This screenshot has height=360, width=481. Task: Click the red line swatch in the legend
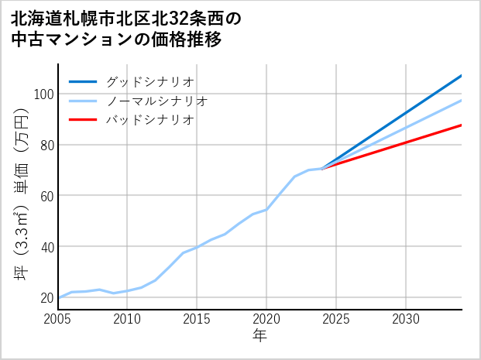pos(83,120)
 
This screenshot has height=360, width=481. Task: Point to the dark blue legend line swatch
pos(83,81)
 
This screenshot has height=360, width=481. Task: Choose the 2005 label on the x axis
pos(58,319)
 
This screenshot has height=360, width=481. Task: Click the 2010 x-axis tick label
pos(128,319)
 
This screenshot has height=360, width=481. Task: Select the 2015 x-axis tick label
pos(197,319)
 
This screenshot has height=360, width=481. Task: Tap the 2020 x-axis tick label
pos(266,319)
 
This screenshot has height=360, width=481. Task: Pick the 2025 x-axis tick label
pos(336,319)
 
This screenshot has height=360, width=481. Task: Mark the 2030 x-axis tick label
pos(406,319)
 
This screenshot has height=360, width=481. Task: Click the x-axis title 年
pos(259,336)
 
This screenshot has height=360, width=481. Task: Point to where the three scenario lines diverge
pos(322,168)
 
